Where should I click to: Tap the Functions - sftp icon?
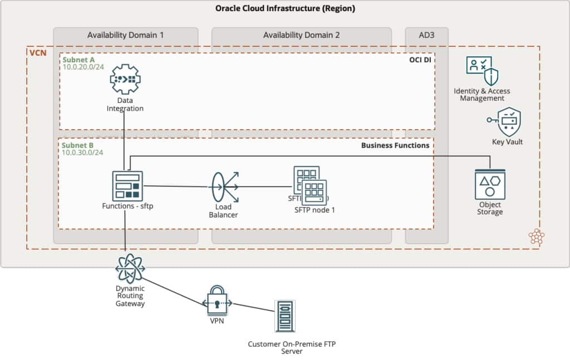(127, 186)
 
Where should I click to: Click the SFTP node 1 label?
(315, 210)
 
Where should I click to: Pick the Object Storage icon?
(490, 185)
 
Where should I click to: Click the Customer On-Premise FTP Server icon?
(285, 316)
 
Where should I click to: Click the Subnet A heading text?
(78, 59)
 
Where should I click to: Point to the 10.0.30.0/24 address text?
(82, 152)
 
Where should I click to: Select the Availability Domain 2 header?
(301, 35)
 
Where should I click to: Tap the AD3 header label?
(426, 35)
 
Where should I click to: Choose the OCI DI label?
(421, 60)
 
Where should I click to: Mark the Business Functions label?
(395, 145)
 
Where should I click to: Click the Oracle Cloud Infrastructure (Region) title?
(285, 8)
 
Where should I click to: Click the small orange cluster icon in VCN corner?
(537, 236)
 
